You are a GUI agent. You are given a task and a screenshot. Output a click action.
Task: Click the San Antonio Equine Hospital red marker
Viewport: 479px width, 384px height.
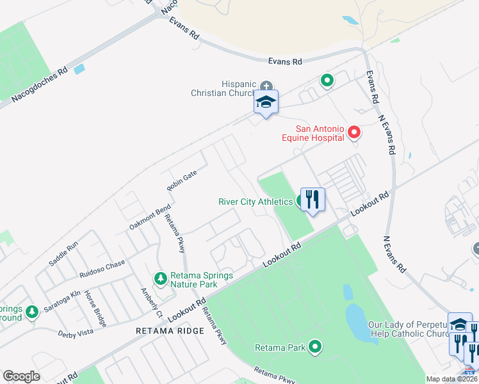[354, 132]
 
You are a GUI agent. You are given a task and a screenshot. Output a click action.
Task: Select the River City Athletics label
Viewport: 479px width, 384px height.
[256, 202]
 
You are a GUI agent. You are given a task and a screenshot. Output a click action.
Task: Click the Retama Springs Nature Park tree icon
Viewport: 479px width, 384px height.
[160, 278]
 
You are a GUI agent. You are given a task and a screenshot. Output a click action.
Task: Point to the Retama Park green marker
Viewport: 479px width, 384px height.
[315, 347]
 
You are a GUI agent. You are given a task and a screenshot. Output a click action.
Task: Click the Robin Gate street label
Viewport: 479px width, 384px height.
[181, 181]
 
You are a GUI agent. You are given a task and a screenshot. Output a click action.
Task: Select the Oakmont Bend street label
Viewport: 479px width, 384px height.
[150, 217]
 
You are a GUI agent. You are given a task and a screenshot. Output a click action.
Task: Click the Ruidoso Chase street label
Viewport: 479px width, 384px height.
[102, 269]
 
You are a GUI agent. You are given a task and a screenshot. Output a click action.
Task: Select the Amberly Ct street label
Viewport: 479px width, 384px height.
[152, 301]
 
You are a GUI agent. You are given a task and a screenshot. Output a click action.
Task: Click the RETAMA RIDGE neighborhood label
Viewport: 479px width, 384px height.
[170, 331]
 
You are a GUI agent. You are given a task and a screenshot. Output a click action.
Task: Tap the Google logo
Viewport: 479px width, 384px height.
[22, 376]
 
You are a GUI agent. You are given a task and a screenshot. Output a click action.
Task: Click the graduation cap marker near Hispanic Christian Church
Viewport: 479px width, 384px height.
[266, 102]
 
